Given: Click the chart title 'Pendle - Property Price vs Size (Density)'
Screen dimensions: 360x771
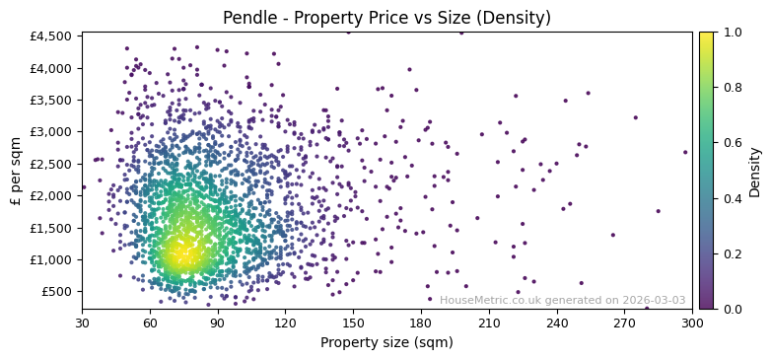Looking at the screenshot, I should tap(386, 18).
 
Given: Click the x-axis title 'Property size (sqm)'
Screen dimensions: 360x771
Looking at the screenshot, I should tap(386, 342).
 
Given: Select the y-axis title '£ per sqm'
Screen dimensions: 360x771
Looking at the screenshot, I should tap(16, 171).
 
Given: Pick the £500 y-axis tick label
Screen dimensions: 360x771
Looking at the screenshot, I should tap(57, 291).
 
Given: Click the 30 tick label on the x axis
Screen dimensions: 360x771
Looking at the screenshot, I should tap(82, 323).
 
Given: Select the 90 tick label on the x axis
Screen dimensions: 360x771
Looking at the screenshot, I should tap(218, 323).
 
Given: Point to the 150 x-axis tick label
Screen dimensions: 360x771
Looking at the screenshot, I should tap(353, 323).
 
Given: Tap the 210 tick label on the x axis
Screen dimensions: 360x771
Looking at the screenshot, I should tap(489, 323).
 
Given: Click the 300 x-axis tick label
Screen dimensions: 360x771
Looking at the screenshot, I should tap(692, 323).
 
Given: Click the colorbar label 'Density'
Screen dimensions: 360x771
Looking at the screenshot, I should tap(755, 171).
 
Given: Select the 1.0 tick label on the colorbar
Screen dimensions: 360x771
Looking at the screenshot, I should tap(733, 33).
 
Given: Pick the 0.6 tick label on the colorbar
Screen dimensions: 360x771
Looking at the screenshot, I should tap(733, 143).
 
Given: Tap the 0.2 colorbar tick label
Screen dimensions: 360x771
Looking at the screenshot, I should tap(733, 253).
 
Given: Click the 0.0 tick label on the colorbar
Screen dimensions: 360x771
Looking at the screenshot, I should tap(733, 309).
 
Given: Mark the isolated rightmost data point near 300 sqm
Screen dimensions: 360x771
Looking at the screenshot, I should tap(685, 152).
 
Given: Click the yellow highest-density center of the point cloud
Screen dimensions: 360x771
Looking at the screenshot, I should tap(180, 254).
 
